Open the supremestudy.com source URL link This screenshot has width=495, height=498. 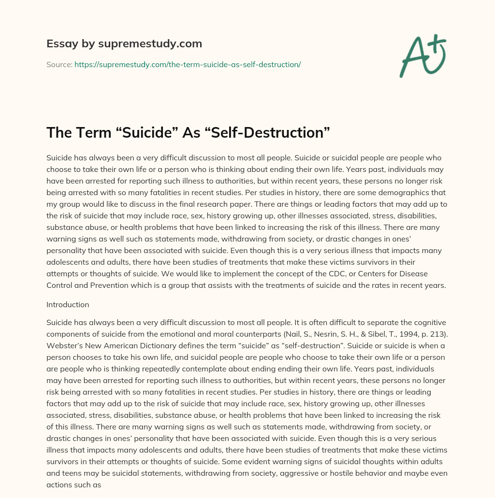click(188, 64)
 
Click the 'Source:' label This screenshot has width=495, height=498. click(59, 64)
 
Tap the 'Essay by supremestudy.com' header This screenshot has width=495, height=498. click(124, 43)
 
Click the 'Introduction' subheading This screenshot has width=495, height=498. click(68, 304)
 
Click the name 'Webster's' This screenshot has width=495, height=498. click(63, 346)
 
